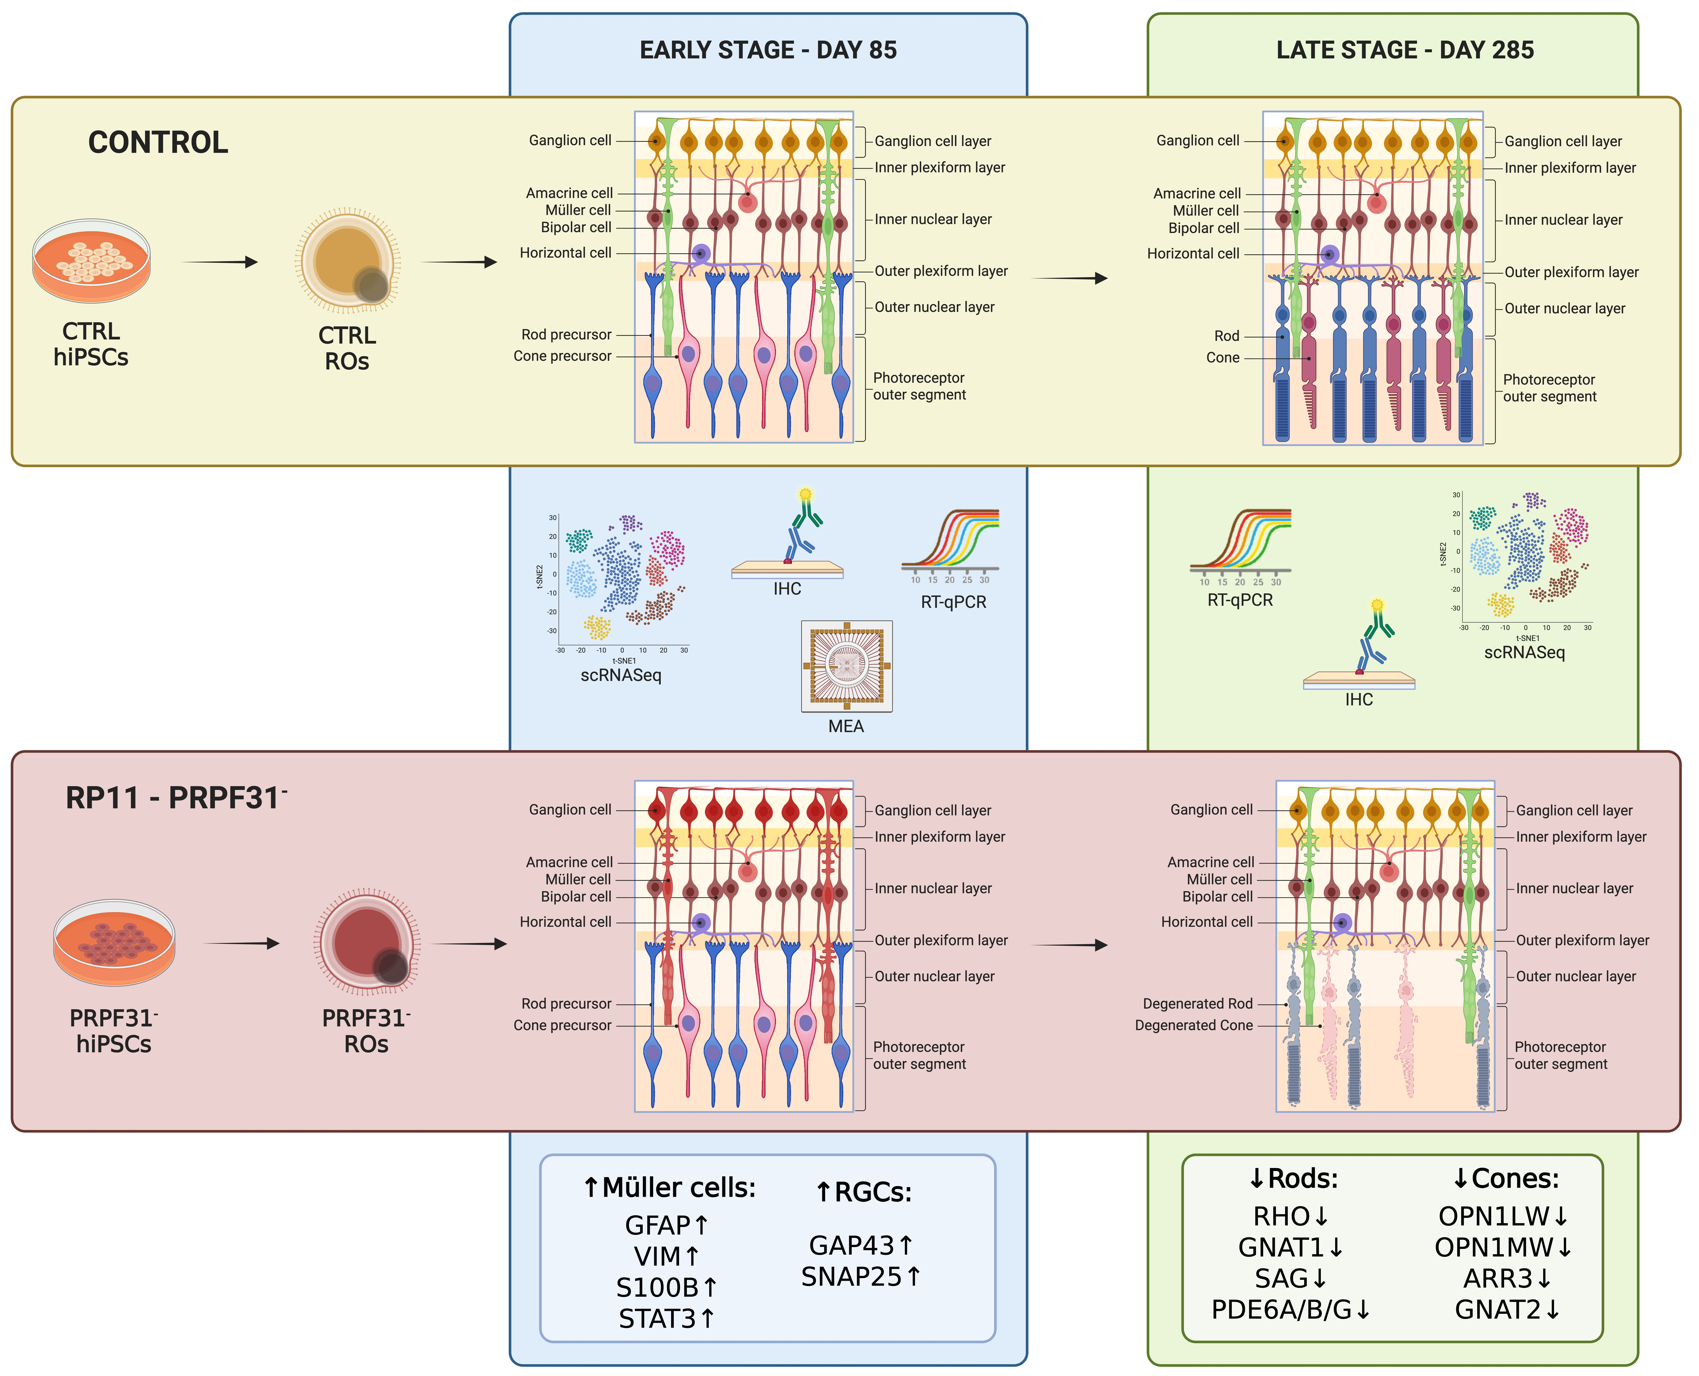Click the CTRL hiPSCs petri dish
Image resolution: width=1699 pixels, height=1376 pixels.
pos(91,261)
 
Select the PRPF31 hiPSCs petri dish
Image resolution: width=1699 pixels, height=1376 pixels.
pos(114,943)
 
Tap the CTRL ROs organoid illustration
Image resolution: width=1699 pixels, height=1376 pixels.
pos(347,261)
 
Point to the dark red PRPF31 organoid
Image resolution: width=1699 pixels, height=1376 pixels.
pos(366,943)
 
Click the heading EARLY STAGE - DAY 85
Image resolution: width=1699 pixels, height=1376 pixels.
pos(768,50)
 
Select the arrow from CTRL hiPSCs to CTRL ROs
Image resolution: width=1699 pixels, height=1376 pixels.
pos(220,262)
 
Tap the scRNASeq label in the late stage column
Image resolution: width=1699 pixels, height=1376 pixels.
pos(1525,652)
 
